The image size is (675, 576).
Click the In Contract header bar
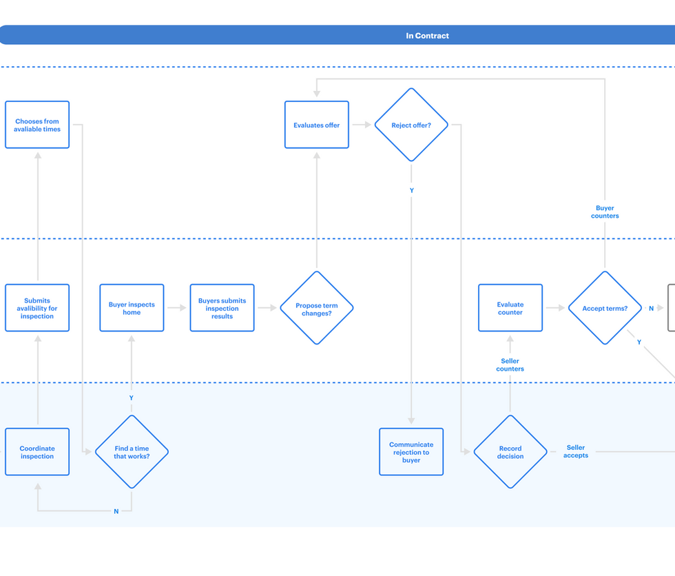(x=427, y=35)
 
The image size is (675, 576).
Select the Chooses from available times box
(x=37, y=125)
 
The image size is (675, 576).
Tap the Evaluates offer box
(x=317, y=125)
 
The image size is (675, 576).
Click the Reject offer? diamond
(x=411, y=125)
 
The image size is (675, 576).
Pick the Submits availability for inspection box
(x=37, y=308)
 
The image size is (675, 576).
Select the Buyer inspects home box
(x=132, y=308)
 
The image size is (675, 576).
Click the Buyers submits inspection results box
(x=222, y=308)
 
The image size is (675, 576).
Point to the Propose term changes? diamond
(x=317, y=308)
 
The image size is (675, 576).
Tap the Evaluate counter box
(x=510, y=308)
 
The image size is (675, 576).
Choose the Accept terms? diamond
(x=605, y=308)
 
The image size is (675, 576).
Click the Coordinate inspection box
(x=37, y=452)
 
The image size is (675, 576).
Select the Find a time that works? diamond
(x=132, y=452)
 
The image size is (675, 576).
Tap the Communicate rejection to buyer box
(x=411, y=452)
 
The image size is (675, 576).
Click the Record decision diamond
(x=510, y=452)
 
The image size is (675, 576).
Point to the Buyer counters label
(x=605, y=212)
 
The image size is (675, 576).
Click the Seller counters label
(x=510, y=364)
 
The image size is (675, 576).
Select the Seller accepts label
(x=576, y=451)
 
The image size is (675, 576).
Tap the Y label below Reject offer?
(x=411, y=190)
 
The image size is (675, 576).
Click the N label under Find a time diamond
(x=116, y=511)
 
